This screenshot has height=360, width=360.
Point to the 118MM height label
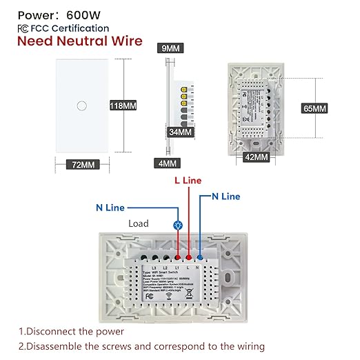(x=123, y=106)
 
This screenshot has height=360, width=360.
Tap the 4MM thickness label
(x=168, y=163)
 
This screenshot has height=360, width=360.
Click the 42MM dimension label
(x=256, y=157)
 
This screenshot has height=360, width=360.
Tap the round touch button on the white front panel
(x=82, y=105)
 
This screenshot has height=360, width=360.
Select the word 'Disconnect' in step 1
(x=57, y=331)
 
